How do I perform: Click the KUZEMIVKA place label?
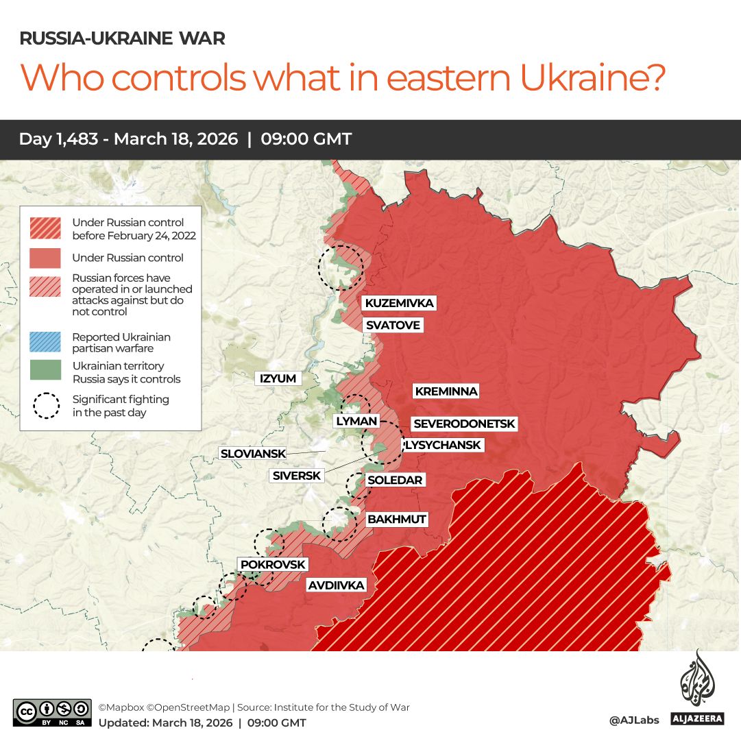[x=399, y=303]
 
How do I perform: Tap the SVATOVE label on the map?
[x=392, y=325]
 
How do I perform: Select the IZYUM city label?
[x=278, y=378]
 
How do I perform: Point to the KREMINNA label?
[x=446, y=391]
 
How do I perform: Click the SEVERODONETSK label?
[x=463, y=424]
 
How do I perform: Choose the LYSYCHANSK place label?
[x=443, y=445]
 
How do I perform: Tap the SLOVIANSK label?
[x=252, y=453]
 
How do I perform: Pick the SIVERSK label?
[x=296, y=475]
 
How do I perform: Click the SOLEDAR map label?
[x=395, y=480]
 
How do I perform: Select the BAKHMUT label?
[x=397, y=519]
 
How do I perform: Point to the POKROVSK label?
[x=273, y=564]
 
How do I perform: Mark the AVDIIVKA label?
[x=336, y=585]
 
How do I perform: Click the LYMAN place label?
[x=356, y=421]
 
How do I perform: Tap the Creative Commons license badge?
[x=52, y=712]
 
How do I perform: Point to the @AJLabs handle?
[x=633, y=720]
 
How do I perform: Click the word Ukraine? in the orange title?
[x=593, y=77]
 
